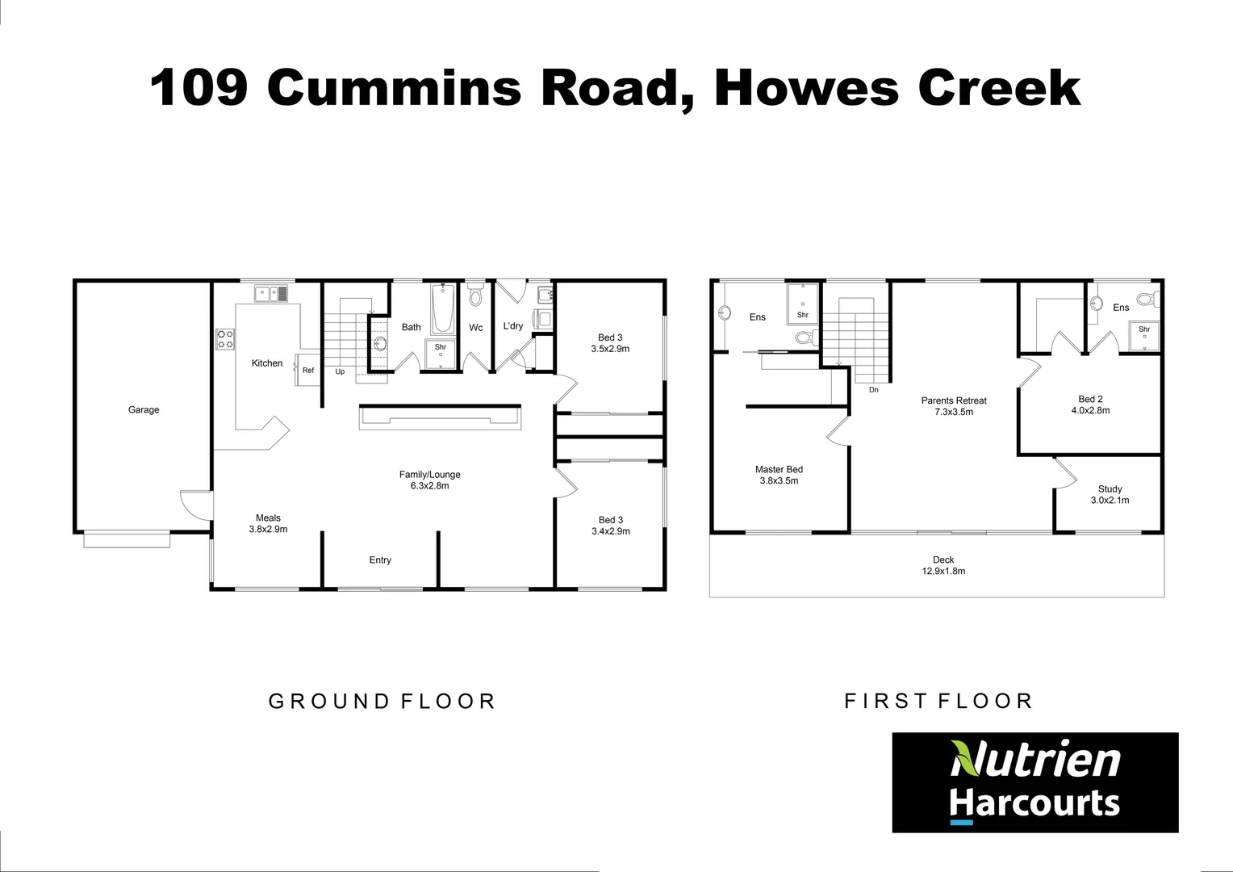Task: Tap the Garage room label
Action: [144, 409]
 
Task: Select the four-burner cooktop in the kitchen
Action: [225, 339]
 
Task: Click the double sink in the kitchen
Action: [271, 294]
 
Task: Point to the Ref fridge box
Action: [308, 370]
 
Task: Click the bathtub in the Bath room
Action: [442, 308]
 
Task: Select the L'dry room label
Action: [513, 326]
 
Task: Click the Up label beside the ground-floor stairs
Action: [340, 371]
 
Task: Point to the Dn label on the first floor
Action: [873, 390]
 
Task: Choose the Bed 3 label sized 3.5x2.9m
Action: [610, 343]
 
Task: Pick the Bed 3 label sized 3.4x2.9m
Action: [610, 526]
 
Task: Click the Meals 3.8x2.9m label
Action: [268, 523]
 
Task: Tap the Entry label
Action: [380, 560]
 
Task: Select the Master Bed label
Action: [779, 475]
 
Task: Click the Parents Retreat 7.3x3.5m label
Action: [954, 406]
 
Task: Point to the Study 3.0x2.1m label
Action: [1110, 494]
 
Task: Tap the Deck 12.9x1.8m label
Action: [943, 565]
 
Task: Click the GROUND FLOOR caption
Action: [382, 701]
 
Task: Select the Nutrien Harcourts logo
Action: [1034, 782]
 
